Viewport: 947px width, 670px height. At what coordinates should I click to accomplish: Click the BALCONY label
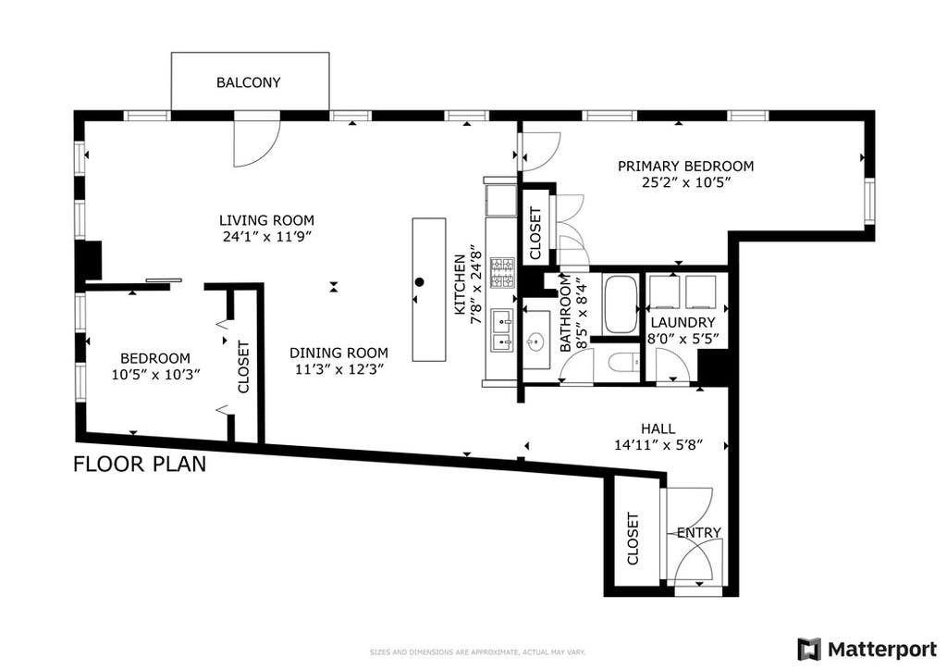coord(248,82)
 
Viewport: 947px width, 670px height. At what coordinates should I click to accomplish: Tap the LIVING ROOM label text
coord(266,220)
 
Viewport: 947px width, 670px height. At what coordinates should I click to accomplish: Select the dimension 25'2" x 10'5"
coord(687,182)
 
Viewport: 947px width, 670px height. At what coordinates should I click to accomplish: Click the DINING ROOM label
coord(338,353)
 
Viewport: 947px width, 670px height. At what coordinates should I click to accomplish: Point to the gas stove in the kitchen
coord(502,272)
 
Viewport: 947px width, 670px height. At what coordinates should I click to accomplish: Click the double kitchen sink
coord(502,329)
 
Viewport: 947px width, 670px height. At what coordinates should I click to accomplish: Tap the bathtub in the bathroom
coord(621,304)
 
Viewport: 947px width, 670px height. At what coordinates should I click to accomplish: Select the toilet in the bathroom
coord(622,363)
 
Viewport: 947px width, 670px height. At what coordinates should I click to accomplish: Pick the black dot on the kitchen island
coord(420,281)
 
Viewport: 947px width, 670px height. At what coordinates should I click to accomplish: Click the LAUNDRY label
coord(683,323)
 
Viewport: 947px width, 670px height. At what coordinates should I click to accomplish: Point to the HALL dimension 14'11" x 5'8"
coord(658,445)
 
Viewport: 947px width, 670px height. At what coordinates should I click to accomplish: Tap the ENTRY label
coord(699,532)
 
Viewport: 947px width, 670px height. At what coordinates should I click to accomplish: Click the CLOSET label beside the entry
coord(633,539)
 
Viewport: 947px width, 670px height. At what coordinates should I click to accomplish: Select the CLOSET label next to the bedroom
coord(243,366)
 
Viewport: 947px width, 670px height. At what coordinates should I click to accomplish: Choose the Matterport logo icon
coord(809,650)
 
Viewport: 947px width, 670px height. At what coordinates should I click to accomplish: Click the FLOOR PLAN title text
coord(140,464)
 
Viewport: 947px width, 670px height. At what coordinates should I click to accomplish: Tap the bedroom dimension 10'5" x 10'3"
coord(155,375)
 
